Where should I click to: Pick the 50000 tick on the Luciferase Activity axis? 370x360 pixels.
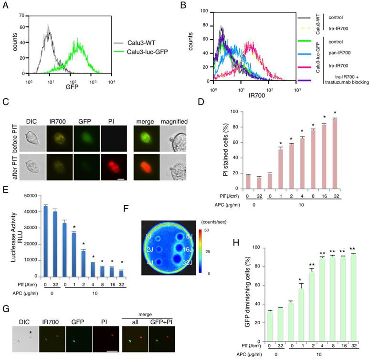(x=31, y=196)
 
